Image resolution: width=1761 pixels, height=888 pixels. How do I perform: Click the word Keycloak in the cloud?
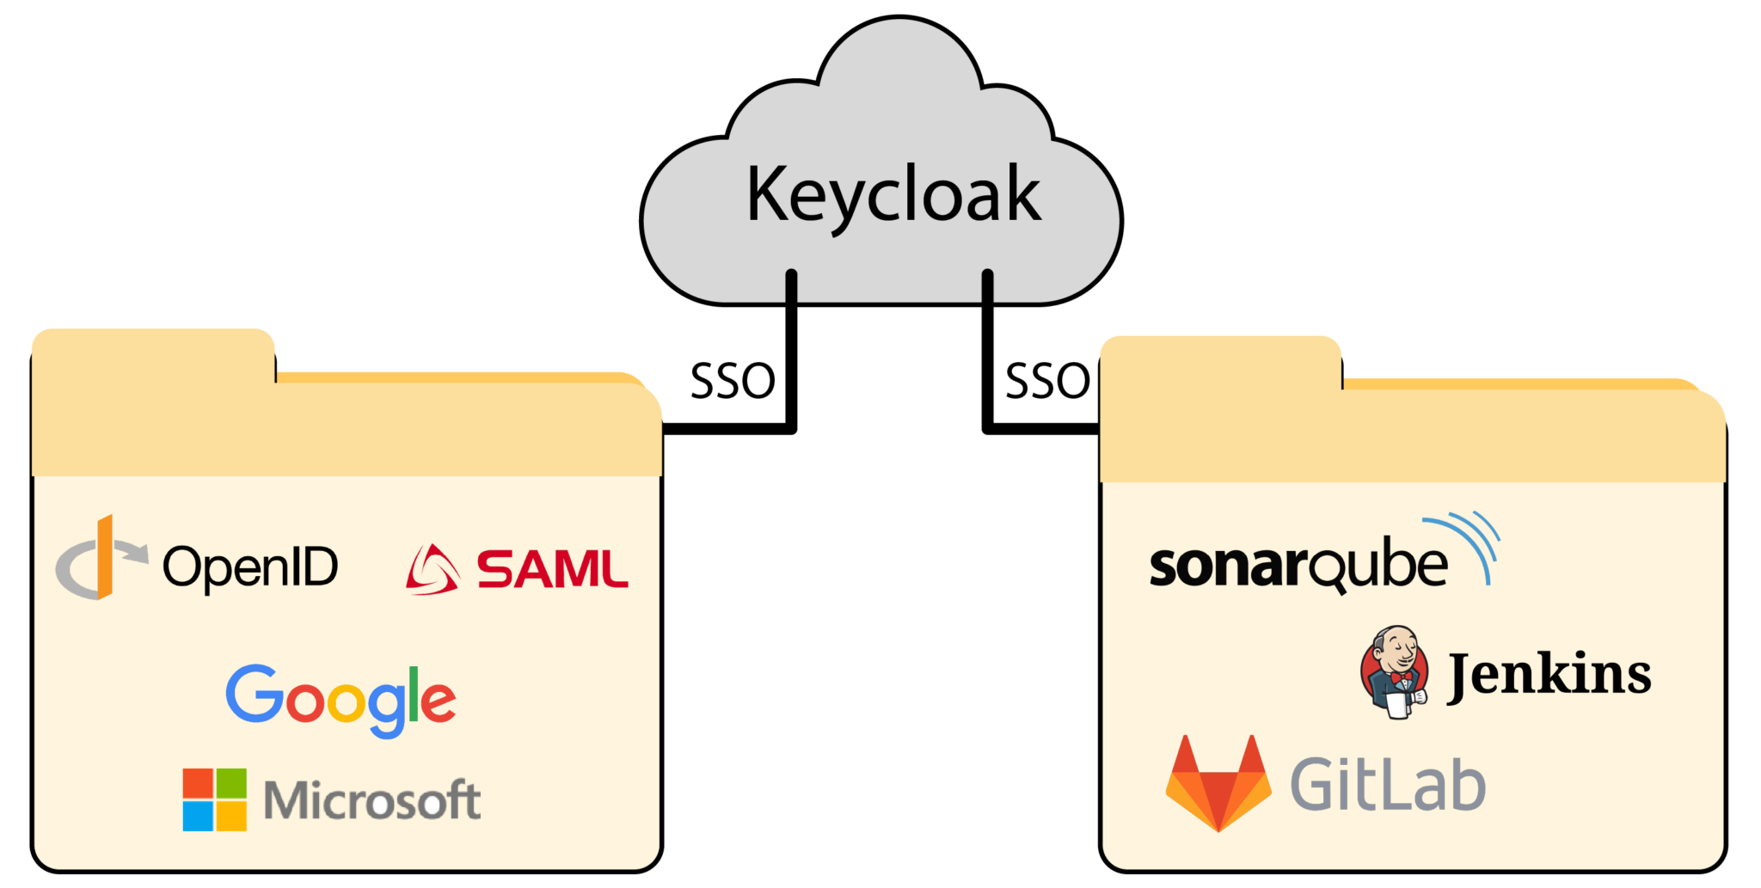coord(893,196)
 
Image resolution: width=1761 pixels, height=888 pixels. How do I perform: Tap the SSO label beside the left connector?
coord(733,382)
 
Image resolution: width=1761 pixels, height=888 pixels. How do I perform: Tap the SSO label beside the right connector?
coord(1047,382)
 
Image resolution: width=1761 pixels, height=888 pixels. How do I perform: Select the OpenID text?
coord(250,567)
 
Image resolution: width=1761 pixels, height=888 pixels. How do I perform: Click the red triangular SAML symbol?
coord(432,571)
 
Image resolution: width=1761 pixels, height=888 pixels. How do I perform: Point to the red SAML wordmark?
coord(553,570)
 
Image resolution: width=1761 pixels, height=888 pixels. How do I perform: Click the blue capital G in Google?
coord(255,693)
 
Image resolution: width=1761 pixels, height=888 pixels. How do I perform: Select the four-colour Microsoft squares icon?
coord(215,799)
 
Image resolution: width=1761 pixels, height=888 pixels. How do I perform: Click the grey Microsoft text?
coord(371,801)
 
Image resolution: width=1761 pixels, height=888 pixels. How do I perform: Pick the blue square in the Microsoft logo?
coord(198,817)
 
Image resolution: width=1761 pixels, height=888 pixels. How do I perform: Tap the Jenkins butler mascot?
coord(1395,672)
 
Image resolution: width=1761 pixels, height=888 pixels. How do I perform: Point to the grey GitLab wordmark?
coord(1388,784)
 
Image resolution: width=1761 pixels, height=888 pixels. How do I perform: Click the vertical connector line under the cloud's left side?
coord(791,352)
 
